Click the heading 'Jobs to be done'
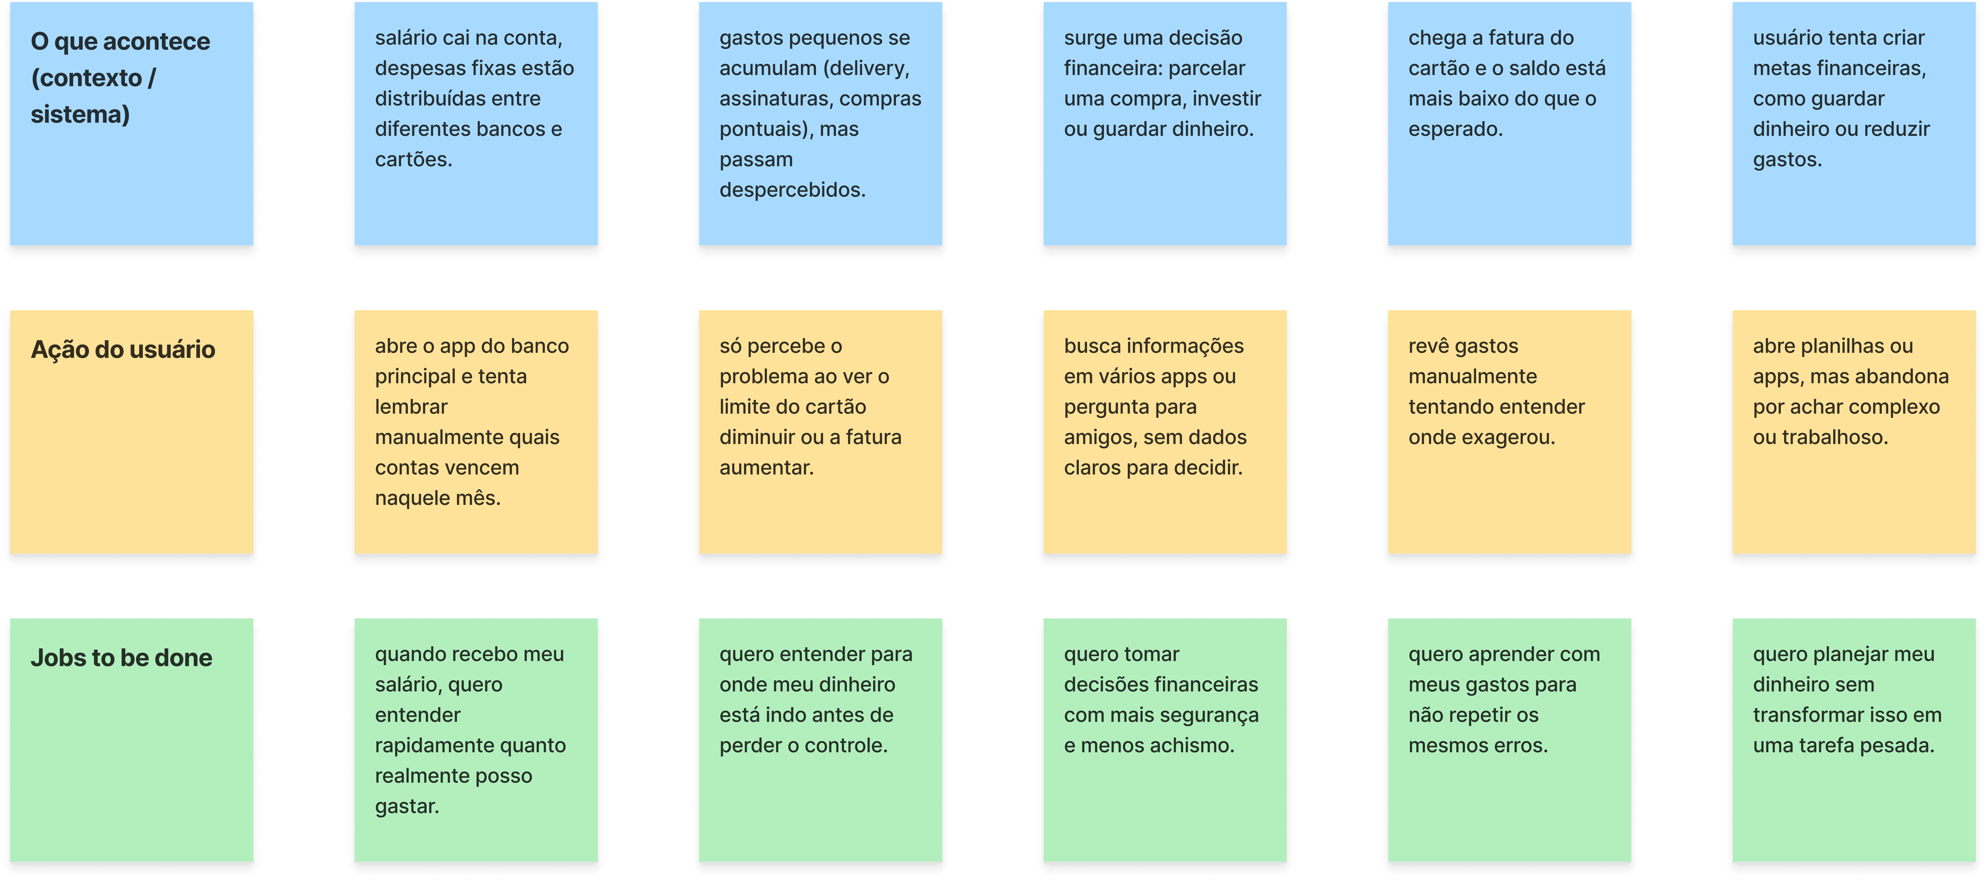(x=121, y=658)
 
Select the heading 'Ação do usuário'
(x=123, y=349)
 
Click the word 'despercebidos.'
(x=793, y=190)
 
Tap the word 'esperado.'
(x=1456, y=129)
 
